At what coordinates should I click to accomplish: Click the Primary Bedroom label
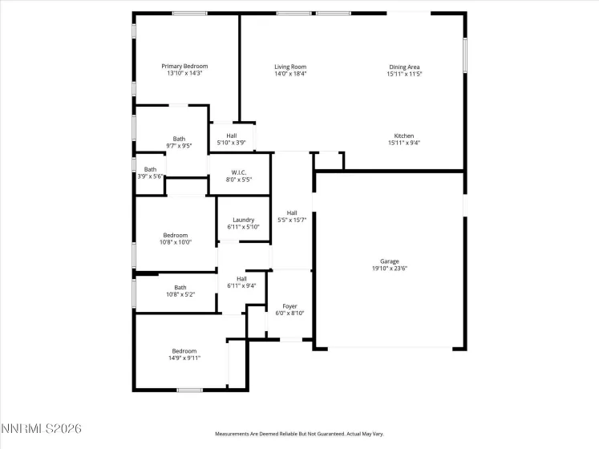184,66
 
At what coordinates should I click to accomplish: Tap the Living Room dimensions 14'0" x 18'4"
290,74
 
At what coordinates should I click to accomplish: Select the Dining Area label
404,67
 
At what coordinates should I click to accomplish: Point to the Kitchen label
403,136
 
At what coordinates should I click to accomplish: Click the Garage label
389,261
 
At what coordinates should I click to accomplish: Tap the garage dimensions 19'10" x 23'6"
389,269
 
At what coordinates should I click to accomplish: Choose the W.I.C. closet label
238,172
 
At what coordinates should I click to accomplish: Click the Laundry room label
243,220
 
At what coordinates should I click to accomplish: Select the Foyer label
289,306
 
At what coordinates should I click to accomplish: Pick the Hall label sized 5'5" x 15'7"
292,212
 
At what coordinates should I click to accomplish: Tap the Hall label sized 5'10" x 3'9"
231,136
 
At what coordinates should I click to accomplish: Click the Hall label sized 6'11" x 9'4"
241,278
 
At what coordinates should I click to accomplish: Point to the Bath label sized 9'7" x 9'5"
179,139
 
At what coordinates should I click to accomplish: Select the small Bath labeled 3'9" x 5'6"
150,169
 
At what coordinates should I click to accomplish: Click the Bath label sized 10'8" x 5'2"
180,287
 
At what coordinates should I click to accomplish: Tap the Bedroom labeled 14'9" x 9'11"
184,350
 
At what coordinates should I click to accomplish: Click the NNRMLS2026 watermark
42,430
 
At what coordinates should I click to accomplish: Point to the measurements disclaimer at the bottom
299,434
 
